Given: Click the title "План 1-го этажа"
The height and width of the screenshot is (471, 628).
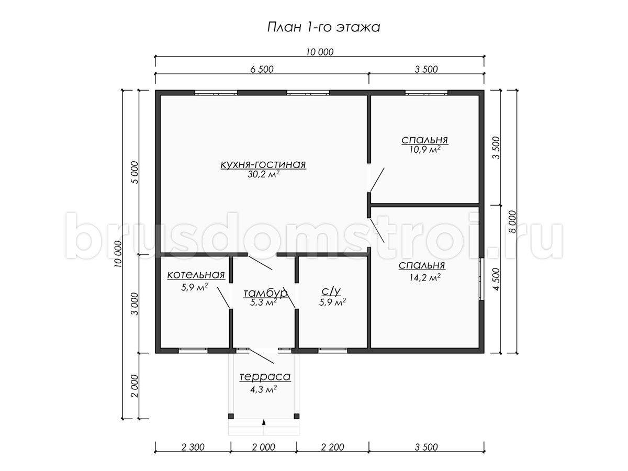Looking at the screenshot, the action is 323,27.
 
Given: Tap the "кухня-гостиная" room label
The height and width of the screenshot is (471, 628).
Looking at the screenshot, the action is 263,164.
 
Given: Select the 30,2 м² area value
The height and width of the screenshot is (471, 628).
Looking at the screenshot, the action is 263,174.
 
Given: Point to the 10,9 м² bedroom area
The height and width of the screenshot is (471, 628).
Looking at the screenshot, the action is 424,149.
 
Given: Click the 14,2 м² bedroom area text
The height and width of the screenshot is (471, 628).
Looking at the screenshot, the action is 424,277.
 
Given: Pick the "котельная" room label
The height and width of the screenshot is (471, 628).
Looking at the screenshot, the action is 196,275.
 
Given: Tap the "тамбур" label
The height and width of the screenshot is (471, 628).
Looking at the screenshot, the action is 265,294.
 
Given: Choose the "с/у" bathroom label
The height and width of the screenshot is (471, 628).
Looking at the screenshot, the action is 331,291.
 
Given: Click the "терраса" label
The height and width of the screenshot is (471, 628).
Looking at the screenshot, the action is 265,376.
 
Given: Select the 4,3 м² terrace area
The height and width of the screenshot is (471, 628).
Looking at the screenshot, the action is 264,389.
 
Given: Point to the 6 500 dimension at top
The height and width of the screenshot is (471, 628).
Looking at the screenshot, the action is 262,69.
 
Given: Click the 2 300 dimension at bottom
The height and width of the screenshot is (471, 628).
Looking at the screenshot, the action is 193,447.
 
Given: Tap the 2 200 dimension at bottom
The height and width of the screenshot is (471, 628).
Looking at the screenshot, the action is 332,447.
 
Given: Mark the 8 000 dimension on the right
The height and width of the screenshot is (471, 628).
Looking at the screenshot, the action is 513,221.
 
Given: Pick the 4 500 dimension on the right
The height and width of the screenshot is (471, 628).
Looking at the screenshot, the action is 497,279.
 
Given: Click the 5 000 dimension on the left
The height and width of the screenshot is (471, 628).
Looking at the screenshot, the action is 134,173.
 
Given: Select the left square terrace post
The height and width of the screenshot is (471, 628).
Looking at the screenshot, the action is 231,416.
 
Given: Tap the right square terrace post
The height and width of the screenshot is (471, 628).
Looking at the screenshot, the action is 297,416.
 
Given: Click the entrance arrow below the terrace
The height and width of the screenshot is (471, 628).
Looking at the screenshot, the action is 264,422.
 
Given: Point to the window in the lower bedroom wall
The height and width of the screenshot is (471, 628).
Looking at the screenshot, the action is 482,279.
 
